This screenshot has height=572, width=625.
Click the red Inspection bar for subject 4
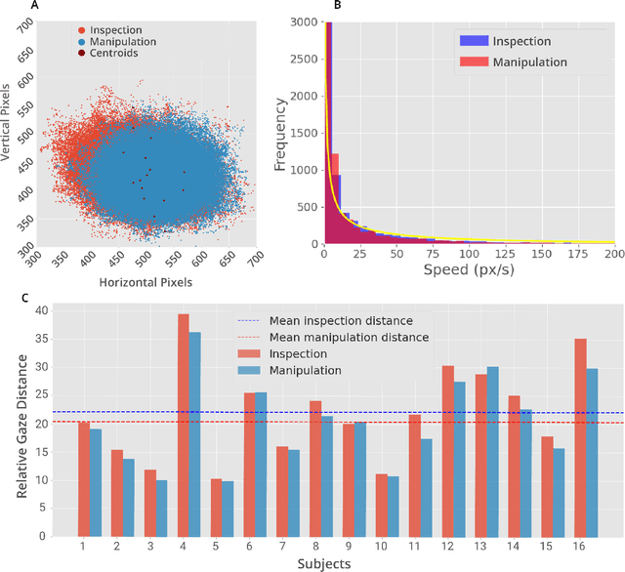183,425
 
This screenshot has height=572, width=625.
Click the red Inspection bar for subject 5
216,507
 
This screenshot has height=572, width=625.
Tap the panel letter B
337,6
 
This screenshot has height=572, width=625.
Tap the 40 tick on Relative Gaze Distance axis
41,310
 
